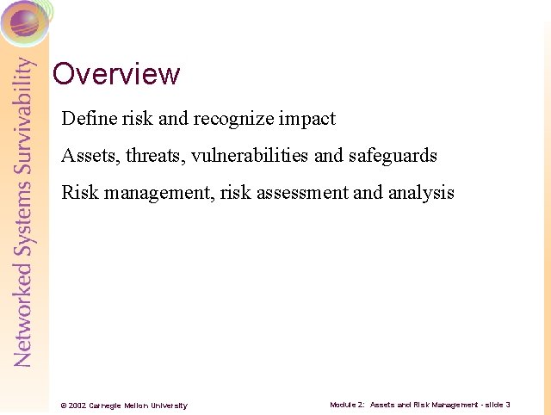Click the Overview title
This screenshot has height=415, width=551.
116,74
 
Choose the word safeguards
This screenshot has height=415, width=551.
393,156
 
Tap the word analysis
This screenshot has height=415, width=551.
420,193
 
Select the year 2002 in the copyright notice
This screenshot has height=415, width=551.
77,406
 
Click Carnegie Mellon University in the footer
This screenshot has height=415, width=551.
137,406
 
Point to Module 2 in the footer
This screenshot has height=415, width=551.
347,405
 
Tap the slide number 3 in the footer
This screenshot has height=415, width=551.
508,405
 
